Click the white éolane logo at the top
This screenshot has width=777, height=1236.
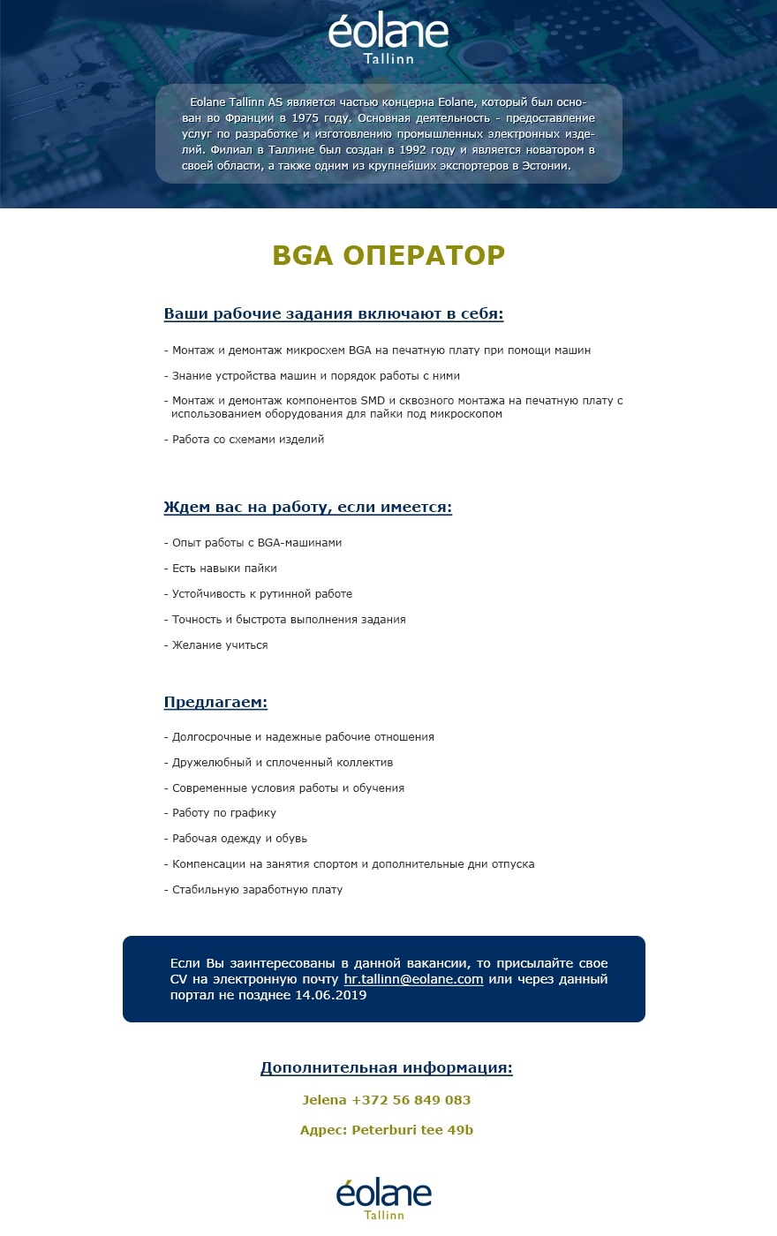point(388,37)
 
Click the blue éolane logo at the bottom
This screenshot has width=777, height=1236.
point(384,1198)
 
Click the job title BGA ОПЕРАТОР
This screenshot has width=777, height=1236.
point(388,255)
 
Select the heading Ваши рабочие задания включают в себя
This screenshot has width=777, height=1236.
point(334,314)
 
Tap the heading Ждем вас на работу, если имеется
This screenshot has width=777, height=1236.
point(307,508)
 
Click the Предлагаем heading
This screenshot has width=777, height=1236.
point(215,703)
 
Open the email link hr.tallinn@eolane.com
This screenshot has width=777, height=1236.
point(413,979)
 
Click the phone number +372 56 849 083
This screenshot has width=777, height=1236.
point(411,1100)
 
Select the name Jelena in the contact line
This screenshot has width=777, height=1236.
point(324,1100)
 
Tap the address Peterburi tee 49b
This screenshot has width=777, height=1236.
point(412,1130)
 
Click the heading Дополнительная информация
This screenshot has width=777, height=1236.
point(387,1068)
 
